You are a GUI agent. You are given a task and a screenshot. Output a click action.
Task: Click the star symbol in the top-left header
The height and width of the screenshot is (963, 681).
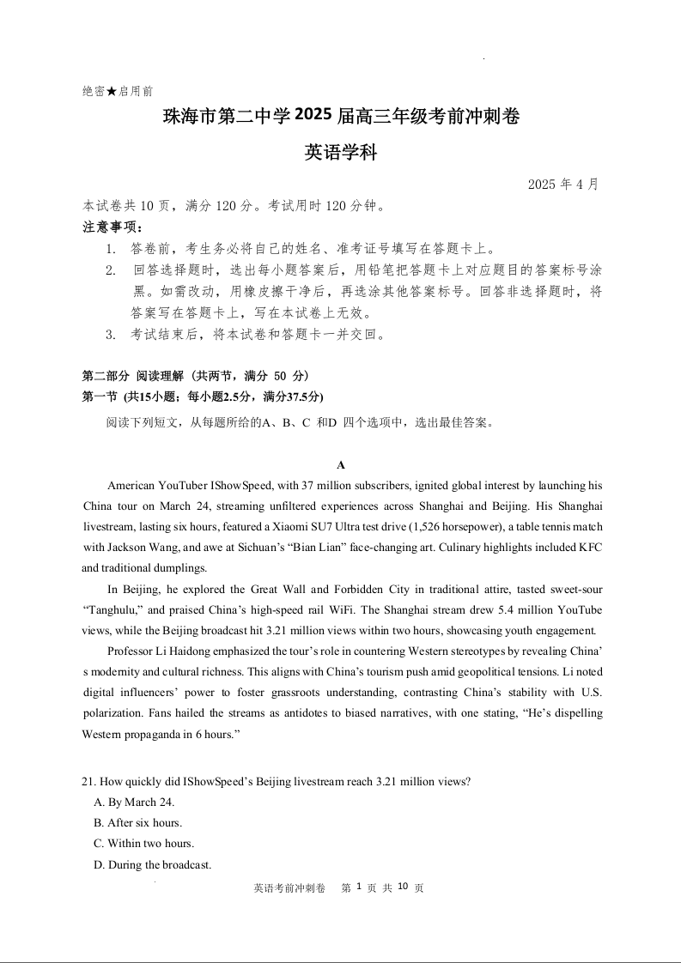click(x=112, y=91)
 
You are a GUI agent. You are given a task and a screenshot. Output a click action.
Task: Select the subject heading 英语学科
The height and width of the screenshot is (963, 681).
click(x=341, y=154)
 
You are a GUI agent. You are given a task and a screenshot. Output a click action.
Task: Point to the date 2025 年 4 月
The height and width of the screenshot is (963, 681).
click(x=562, y=185)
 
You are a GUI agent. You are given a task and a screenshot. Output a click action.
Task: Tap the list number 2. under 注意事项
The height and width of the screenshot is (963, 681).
click(x=111, y=270)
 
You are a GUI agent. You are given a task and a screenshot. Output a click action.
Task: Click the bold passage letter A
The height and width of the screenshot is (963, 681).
click(x=341, y=465)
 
